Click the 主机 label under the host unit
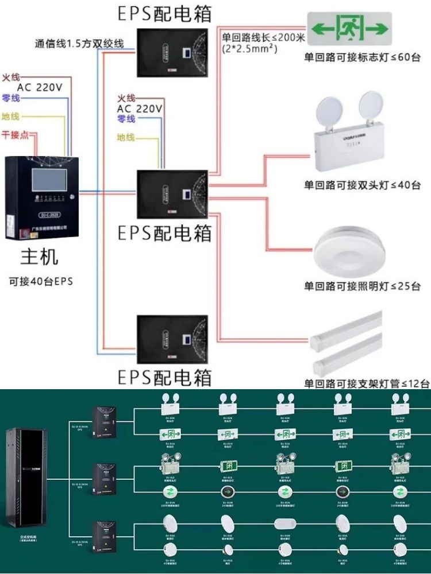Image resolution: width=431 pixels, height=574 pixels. click(40, 257)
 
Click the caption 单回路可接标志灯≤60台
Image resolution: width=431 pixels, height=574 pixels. click(362, 57)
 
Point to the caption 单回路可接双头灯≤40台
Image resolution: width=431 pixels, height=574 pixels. click(362, 185)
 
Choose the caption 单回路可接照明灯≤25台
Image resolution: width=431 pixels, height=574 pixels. click(362, 286)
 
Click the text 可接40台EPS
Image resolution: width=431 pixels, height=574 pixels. click(40, 281)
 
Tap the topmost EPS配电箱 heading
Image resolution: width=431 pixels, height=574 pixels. click(164, 13)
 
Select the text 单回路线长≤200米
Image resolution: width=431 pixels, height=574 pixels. click(264, 38)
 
